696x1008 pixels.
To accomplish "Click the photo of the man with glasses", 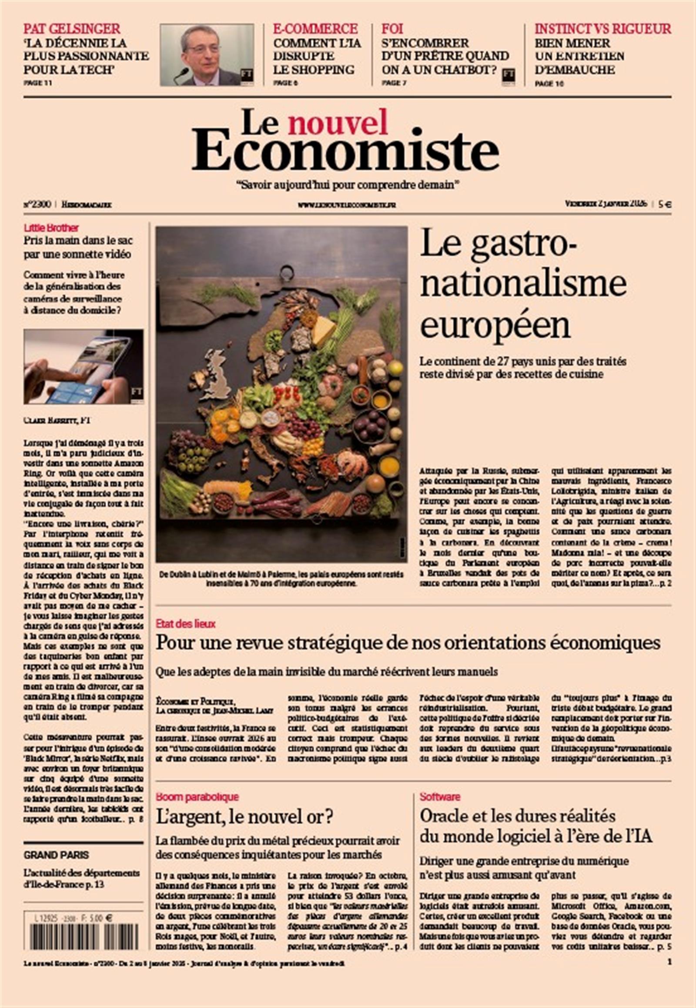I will pos(207,54).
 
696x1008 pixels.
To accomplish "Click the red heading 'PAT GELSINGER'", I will pos(71,29).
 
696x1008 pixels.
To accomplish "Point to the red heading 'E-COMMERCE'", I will pos(315,29).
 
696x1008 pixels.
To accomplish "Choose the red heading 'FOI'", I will pos(392,29).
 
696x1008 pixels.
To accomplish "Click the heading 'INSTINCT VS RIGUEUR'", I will pos(602,29).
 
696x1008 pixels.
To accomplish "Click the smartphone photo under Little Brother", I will pos(83,366).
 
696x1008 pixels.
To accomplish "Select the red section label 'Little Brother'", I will pos(51,228).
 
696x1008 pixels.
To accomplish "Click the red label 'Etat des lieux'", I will pos(185,624).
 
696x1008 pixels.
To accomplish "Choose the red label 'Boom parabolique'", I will pos(197,797).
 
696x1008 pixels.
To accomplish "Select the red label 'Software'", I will pos(440,797).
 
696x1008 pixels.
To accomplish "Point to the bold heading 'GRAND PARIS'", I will pos(56,855).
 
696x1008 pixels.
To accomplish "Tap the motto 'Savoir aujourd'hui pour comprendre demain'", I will pos(348,185).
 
